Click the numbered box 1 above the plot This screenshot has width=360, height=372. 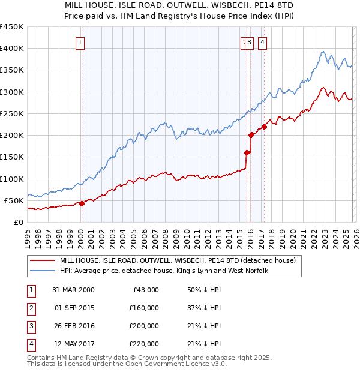(80, 42)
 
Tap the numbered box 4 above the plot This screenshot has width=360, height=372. (263, 42)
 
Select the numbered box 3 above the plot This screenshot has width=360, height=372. (250, 42)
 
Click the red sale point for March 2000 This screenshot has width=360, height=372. (82, 203)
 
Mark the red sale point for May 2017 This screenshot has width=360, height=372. (263, 127)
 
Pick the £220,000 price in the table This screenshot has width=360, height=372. (144, 344)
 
